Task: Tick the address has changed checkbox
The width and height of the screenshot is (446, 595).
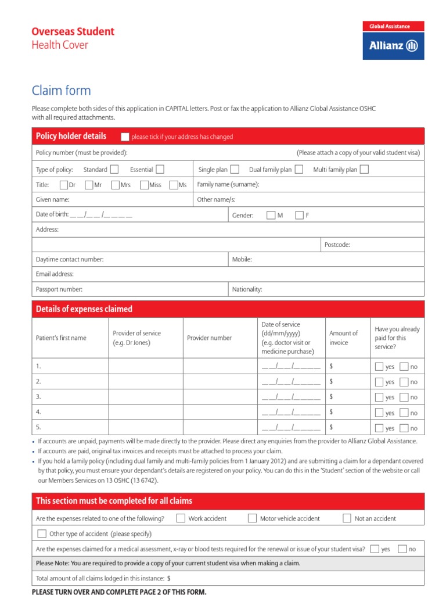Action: [x=125, y=137]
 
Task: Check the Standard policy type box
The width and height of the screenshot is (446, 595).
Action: [x=114, y=169]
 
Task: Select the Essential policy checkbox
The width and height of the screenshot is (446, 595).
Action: [x=160, y=169]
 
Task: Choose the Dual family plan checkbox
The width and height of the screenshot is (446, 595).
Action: [x=298, y=169]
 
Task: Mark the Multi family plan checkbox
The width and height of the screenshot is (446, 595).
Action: [x=364, y=169]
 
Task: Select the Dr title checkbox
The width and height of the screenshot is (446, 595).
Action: [x=64, y=185]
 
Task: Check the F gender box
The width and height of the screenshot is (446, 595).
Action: [x=299, y=215]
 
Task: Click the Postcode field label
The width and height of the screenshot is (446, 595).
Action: [x=337, y=245]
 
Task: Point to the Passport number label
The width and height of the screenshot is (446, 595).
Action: [x=59, y=289]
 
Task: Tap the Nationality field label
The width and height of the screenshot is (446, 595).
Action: [x=247, y=289]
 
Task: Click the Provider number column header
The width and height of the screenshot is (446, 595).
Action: [x=209, y=338]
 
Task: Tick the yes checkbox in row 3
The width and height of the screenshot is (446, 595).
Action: [x=379, y=397]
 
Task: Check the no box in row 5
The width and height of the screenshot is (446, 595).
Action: [x=404, y=428]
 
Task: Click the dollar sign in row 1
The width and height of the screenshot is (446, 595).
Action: [x=331, y=366]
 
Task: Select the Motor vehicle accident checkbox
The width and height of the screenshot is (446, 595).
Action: [x=252, y=518]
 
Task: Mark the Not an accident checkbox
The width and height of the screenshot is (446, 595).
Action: [x=347, y=518]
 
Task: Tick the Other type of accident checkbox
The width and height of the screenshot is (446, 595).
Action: [x=42, y=533]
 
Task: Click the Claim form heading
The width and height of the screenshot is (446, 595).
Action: [x=61, y=91]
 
